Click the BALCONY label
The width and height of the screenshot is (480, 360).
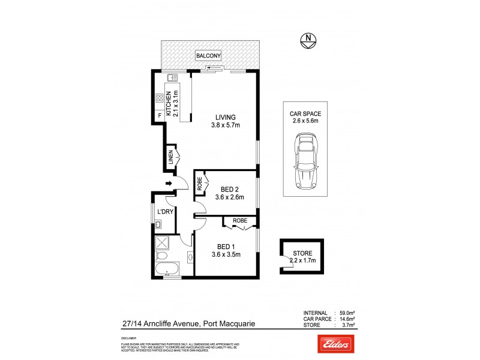(x=209, y=56)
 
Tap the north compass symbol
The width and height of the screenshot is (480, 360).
(x=308, y=41)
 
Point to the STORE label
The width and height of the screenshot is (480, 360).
(x=302, y=253)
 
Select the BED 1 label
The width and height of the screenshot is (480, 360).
(x=226, y=246)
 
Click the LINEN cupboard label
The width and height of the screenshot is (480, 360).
(x=170, y=157)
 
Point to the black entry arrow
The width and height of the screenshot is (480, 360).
(x=169, y=183)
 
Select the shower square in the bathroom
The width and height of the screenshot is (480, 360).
(x=163, y=244)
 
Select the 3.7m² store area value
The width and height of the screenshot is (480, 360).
(x=347, y=325)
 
